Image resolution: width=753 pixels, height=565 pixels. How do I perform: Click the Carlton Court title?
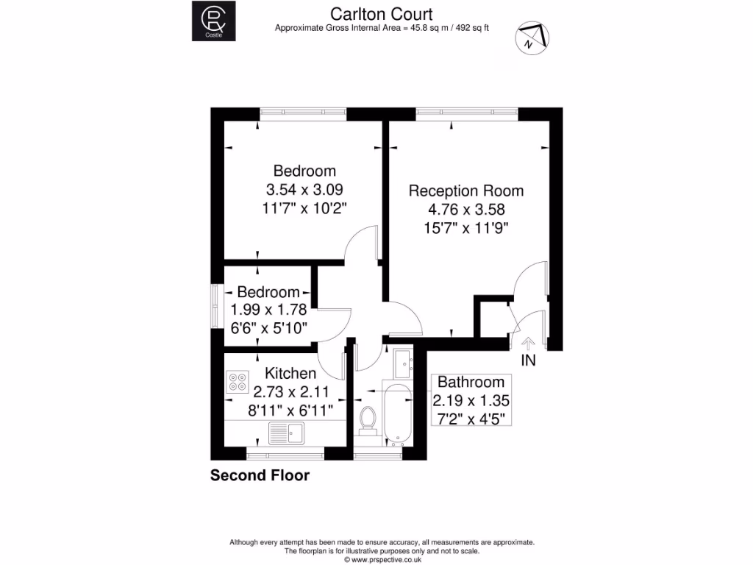[x=381, y=14]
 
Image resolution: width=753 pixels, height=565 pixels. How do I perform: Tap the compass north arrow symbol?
[x=533, y=38]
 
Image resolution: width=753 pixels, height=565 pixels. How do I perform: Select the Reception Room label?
[x=466, y=191]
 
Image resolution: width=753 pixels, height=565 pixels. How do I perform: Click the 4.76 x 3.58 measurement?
[x=466, y=209]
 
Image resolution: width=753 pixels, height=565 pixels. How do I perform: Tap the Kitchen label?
[x=290, y=374]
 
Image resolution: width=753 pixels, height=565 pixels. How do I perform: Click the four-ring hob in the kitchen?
[x=238, y=381]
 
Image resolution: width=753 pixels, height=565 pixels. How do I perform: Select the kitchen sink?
[x=286, y=431]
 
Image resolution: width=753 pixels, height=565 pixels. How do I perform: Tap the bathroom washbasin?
[x=402, y=362]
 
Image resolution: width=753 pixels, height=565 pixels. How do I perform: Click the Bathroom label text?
[x=471, y=382]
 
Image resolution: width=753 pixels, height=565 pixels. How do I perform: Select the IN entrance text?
[x=528, y=360]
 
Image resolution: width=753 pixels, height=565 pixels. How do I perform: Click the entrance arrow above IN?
[x=528, y=343]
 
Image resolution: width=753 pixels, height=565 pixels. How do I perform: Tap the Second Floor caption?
[x=260, y=475]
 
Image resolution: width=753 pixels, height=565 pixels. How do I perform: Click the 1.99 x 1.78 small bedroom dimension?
[x=268, y=310]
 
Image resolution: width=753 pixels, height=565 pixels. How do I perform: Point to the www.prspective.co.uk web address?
[x=381, y=559]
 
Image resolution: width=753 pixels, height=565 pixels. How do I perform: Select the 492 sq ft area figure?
[x=471, y=29]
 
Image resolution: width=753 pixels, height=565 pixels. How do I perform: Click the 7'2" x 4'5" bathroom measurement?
[x=471, y=419]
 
